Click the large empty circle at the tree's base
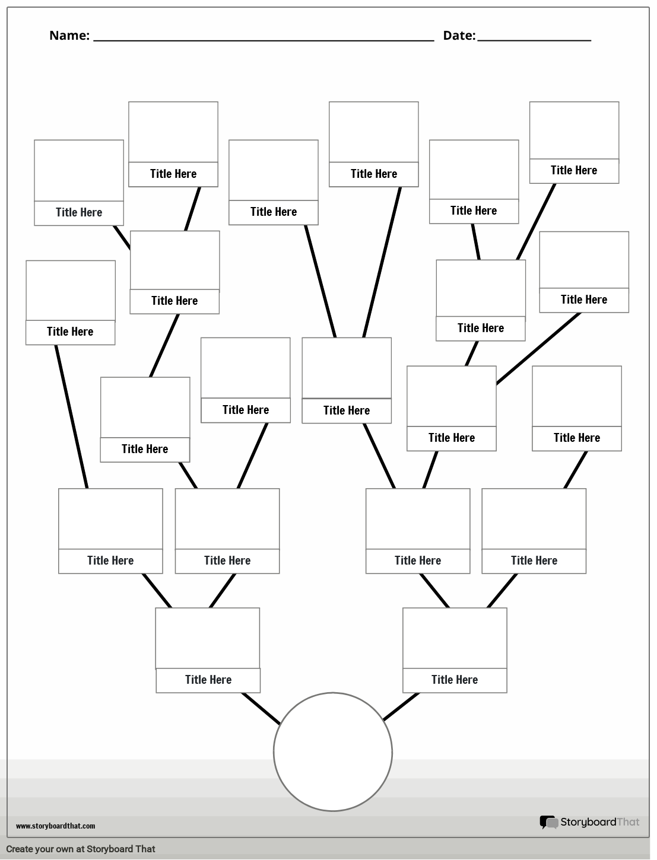coord(332,751)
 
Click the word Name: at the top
coord(69,36)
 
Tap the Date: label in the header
coord(459,36)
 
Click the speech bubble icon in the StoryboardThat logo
coord(548,822)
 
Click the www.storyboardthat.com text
coord(55,826)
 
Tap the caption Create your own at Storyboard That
coord(80,849)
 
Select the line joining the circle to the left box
coord(261,708)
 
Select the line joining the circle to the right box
coord(401,706)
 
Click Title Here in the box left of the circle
coord(208,680)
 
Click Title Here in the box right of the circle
coord(454,680)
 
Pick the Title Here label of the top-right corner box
coord(573,170)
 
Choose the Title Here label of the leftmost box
coord(70,332)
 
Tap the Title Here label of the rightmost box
coord(583,300)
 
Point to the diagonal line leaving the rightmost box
coord(538,349)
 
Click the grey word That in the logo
coord(628,822)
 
